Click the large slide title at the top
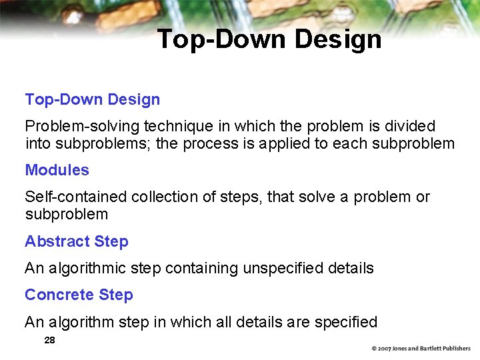(x=269, y=39)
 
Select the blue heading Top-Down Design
(x=93, y=99)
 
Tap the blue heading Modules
(x=57, y=170)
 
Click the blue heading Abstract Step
(x=77, y=241)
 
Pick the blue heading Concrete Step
(x=79, y=295)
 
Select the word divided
(x=410, y=126)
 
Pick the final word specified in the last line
(x=347, y=322)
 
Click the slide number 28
(x=49, y=340)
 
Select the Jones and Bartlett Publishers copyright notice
(x=421, y=348)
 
